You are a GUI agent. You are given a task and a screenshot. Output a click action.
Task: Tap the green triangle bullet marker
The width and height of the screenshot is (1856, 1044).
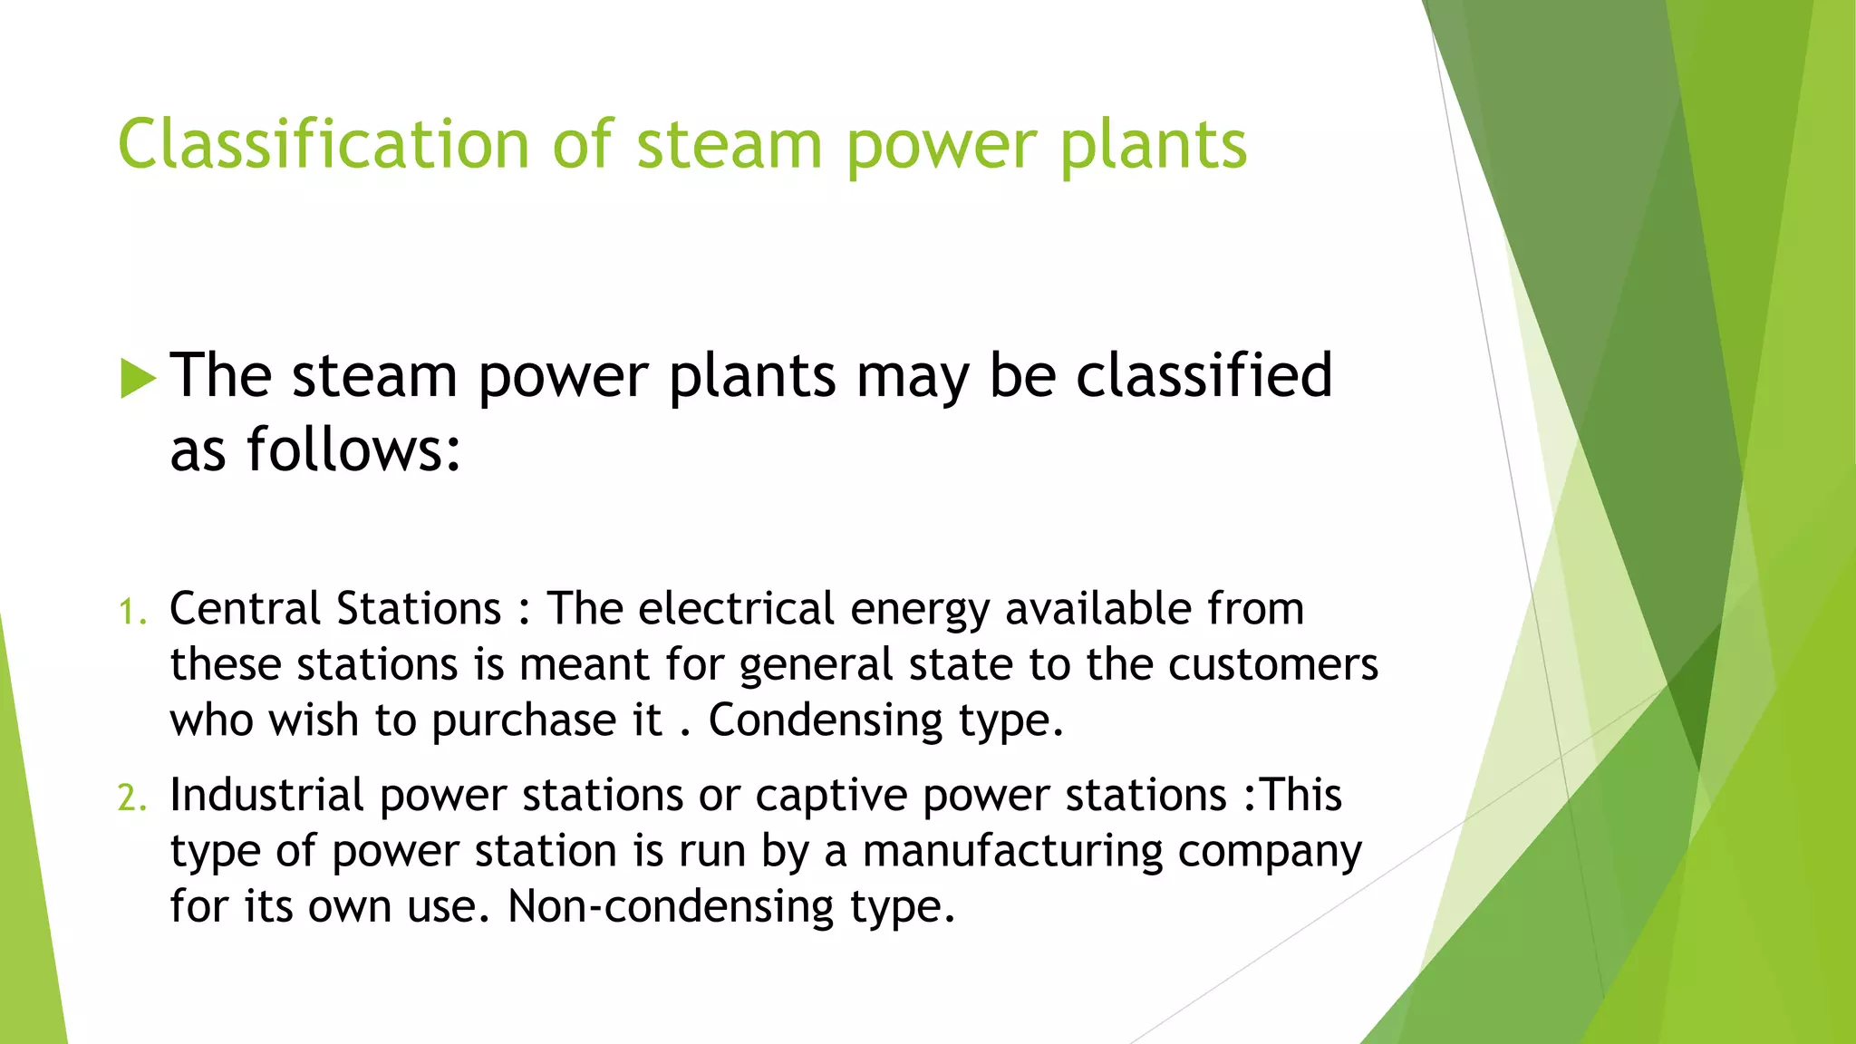[138, 378]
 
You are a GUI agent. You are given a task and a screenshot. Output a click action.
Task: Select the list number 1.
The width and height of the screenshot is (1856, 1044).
[131, 613]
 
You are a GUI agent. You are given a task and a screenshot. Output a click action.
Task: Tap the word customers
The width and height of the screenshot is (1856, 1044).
[1272, 665]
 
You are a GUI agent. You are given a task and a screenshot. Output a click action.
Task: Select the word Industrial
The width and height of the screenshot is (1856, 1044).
[266, 795]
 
